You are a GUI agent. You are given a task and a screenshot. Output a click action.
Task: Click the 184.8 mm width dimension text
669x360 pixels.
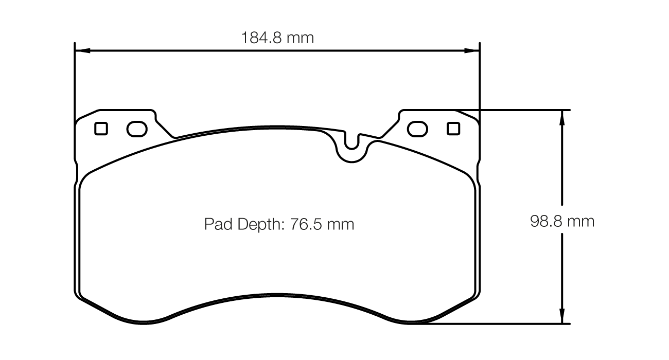(277, 38)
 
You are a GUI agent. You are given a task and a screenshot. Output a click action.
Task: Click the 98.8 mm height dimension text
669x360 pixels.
(562, 222)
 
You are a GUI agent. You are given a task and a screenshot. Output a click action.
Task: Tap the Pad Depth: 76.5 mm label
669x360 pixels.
(279, 225)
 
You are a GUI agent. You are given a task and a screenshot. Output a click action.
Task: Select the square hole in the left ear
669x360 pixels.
(101, 129)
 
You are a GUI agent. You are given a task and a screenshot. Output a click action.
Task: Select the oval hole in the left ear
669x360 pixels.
(136, 129)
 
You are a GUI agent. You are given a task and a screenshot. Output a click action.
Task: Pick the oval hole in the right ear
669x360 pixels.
(417, 129)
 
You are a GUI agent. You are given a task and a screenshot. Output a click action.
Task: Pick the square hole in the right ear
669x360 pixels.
(453, 129)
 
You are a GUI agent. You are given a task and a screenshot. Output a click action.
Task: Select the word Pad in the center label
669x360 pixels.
(216, 225)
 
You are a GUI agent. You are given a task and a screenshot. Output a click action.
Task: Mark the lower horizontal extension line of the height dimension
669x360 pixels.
(494, 324)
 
